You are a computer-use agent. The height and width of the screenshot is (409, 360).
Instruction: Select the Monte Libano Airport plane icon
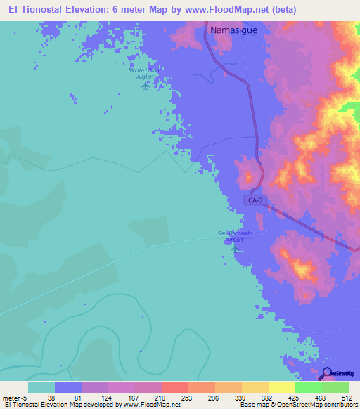pyautogui.click(x=146, y=86)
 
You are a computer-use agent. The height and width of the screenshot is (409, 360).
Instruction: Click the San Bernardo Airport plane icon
pyautogui.click(x=235, y=248)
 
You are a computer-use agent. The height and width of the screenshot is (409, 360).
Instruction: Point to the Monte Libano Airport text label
pyautogui.click(x=146, y=73)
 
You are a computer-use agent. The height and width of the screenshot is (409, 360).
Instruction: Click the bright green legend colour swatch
pyautogui.click(x=308, y=387)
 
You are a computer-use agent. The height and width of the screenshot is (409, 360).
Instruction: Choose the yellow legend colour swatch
pyautogui.click(x=281, y=387)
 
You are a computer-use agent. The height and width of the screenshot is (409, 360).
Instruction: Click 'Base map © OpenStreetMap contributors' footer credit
pyautogui.click(x=296, y=404)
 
